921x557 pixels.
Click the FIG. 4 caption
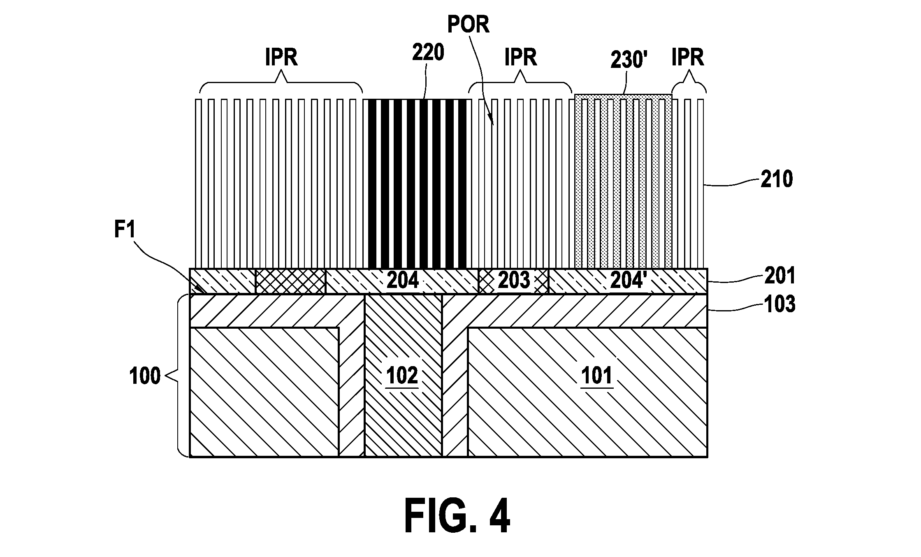pyautogui.click(x=457, y=516)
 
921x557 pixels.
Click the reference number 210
pyautogui.click(x=776, y=179)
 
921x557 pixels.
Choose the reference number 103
pyautogui.click(x=779, y=304)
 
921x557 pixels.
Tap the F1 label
pyautogui.click(x=124, y=230)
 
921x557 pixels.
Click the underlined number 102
pyautogui.click(x=402, y=376)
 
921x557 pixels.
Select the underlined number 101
pyautogui.click(x=597, y=376)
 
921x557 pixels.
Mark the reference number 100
pyautogui.click(x=145, y=376)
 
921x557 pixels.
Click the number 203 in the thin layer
pyautogui.click(x=514, y=281)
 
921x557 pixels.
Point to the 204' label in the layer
pyautogui.click(x=627, y=281)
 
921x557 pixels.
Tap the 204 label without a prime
pyautogui.click(x=403, y=281)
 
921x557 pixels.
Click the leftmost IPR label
pyautogui.click(x=281, y=57)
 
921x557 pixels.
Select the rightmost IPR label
pyautogui.click(x=688, y=57)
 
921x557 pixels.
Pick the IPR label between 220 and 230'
pyautogui.click(x=521, y=57)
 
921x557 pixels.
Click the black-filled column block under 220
pyautogui.click(x=417, y=184)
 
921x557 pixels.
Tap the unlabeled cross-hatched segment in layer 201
pyautogui.click(x=290, y=281)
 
